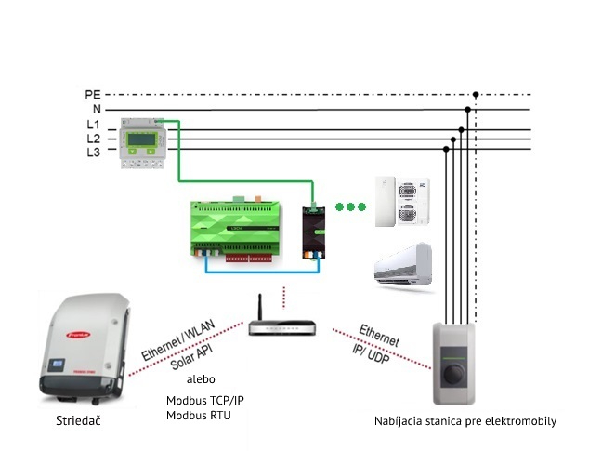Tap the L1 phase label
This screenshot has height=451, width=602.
click(x=93, y=125)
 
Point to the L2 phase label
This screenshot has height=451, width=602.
click(x=93, y=139)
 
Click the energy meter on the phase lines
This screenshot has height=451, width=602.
click(x=142, y=143)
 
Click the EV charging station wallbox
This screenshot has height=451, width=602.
click(x=457, y=365)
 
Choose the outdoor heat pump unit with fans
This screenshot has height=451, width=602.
click(x=401, y=200)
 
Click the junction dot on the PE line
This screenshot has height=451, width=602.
click(x=476, y=94)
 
